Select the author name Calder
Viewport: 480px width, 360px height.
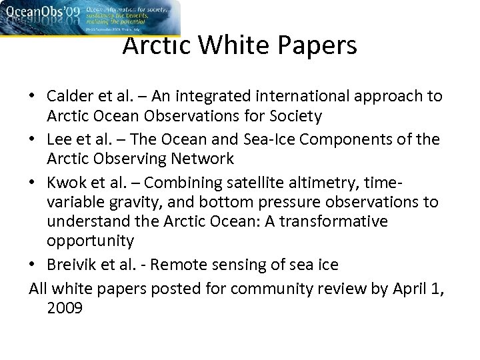(69, 97)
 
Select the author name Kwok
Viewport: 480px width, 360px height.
(65, 183)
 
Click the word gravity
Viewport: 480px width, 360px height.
(127, 203)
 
